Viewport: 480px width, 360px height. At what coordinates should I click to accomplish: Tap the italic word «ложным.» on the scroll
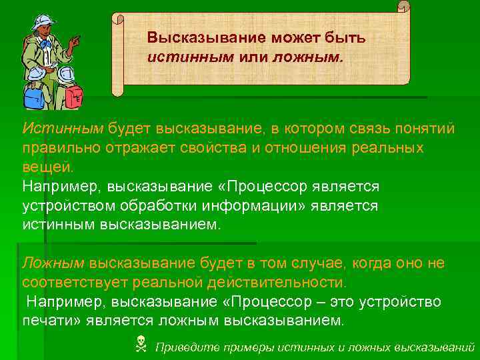317,56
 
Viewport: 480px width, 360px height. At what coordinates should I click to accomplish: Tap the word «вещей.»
47,165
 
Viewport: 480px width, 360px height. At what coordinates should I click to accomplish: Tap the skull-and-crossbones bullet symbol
141,345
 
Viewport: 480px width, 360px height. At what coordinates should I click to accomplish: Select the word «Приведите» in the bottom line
185,347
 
